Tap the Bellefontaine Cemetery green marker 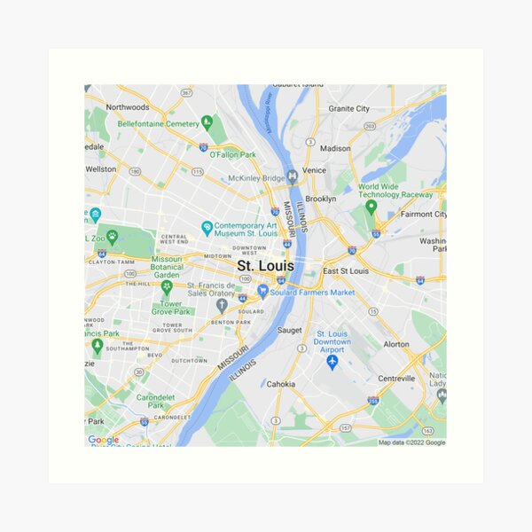pyautogui.click(x=207, y=123)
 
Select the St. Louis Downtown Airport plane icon pyautogui.click(x=332, y=363)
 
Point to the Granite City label pyautogui.click(x=348, y=108)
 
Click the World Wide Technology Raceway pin pyautogui.click(x=372, y=207)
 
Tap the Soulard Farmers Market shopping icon pyautogui.click(x=262, y=291)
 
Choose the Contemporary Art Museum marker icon pyautogui.click(x=207, y=228)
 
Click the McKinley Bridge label pyautogui.click(x=257, y=177)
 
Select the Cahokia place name pyautogui.click(x=281, y=384)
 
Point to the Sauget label pyautogui.click(x=289, y=329)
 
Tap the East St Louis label pyautogui.click(x=345, y=270)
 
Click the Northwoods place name pyautogui.click(x=127, y=107)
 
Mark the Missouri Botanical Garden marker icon pyautogui.click(x=166, y=286)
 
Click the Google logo pyautogui.click(x=103, y=440)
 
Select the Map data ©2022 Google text pyautogui.click(x=411, y=442)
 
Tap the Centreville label pyautogui.click(x=396, y=378)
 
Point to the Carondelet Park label pyautogui.click(x=155, y=401)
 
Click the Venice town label pyautogui.click(x=314, y=169)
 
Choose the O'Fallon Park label pyautogui.click(x=232, y=154)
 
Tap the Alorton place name pyautogui.click(x=395, y=344)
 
